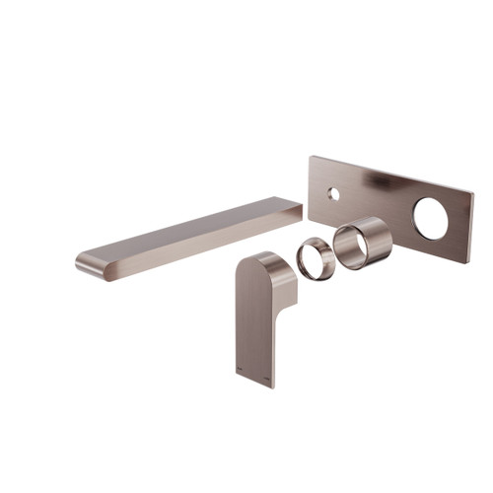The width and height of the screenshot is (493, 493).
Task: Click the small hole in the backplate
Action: point(333,193)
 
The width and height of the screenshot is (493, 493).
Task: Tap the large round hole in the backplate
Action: point(431,219)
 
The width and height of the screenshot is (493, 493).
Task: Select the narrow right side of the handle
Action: point(283,316)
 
